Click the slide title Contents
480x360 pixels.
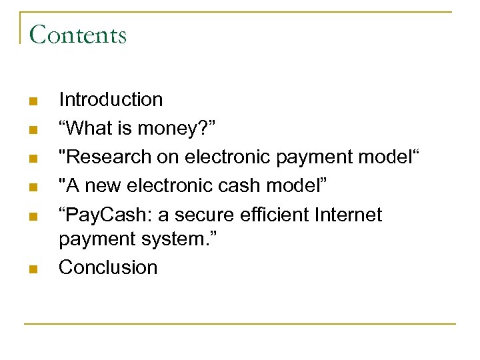(x=78, y=34)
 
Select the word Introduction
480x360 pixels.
(x=111, y=100)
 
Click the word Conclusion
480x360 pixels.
(x=108, y=267)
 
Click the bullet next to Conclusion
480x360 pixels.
(x=34, y=269)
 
